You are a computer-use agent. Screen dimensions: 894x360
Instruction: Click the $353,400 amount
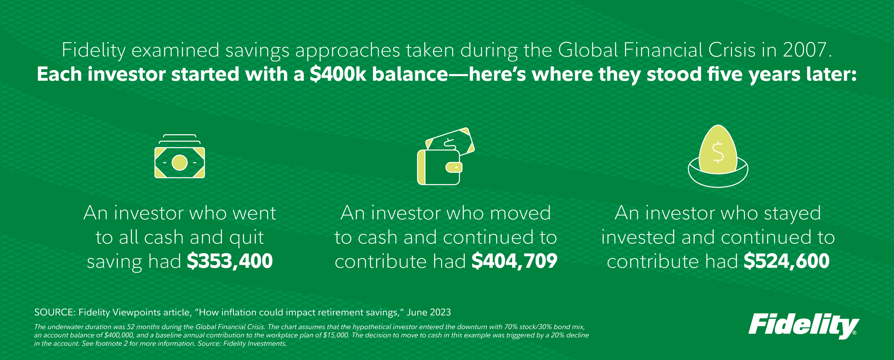pyautogui.click(x=230, y=261)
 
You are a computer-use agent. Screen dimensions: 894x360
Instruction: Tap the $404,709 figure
pyautogui.click(x=514, y=261)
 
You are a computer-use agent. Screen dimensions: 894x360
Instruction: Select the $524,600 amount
pyautogui.click(x=787, y=261)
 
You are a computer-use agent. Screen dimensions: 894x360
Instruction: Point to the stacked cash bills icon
pyautogui.click(x=180, y=156)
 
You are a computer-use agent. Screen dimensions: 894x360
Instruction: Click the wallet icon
pyautogui.click(x=446, y=156)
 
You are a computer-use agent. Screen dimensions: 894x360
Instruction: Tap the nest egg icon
pyautogui.click(x=718, y=156)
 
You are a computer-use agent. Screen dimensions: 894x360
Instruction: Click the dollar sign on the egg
pyautogui.click(x=718, y=152)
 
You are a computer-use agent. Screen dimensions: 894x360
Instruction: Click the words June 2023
pyautogui.click(x=429, y=312)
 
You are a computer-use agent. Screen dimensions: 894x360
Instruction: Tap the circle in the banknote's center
pyautogui.click(x=180, y=163)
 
